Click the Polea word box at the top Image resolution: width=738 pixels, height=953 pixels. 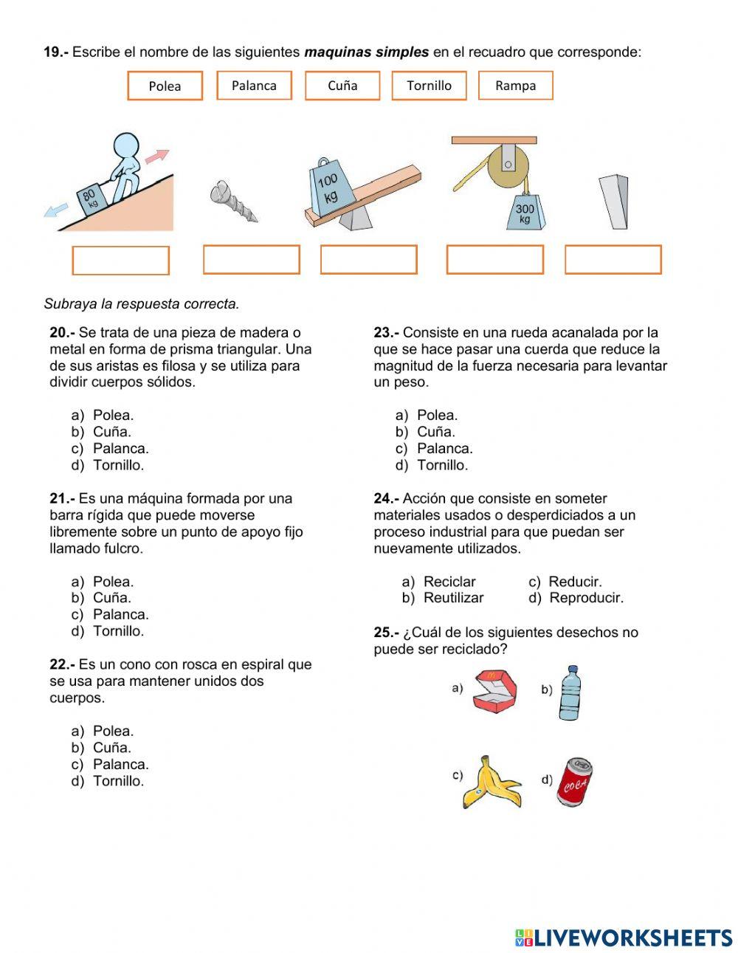point(165,86)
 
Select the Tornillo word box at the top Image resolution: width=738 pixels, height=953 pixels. point(429,85)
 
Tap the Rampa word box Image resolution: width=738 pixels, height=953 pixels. point(515,85)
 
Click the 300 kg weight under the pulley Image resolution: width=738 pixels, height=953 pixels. point(525,213)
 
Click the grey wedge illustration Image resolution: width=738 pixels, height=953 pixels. point(614,202)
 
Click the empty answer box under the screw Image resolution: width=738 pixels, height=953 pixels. point(251,260)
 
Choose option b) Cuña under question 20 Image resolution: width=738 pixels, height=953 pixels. point(111,432)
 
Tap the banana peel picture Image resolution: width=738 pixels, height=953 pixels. point(490,782)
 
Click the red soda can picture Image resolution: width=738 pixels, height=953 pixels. point(575,781)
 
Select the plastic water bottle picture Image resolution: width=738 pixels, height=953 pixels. point(569,693)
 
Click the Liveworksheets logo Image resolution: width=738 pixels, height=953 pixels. point(624,937)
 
